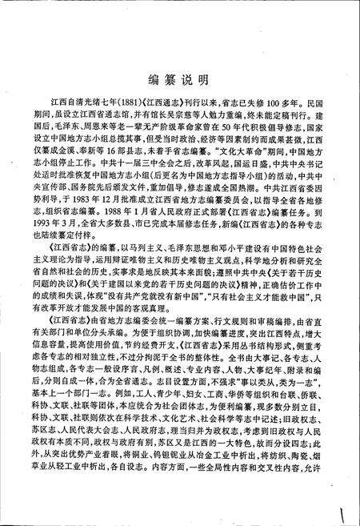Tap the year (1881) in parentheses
point(137,104)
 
